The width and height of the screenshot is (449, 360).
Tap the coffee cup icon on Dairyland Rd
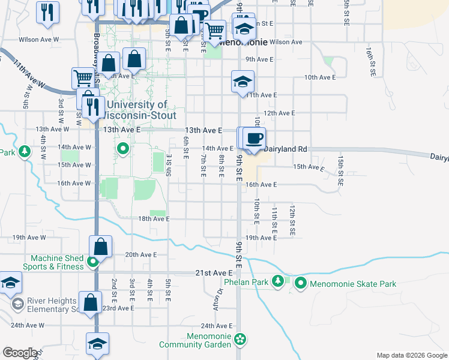pyautogui.click(x=254, y=139)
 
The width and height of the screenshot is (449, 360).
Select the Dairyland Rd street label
pyautogui.click(x=286, y=149)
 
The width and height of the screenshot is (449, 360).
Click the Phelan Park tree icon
pyautogui.click(x=277, y=281)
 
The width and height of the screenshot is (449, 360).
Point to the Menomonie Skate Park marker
pyautogui.click(x=300, y=283)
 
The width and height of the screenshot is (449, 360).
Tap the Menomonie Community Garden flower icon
pyautogui.click(x=240, y=340)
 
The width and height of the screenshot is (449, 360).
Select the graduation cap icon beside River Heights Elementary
pyautogui.click(x=10, y=283)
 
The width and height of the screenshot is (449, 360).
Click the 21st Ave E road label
pyautogui.click(x=214, y=273)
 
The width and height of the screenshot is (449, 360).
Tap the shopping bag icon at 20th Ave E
pyautogui.click(x=100, y=246)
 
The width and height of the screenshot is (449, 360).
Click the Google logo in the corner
pyautogui.click(x=20, y=353)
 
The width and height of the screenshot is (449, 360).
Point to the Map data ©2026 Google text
pyautogui.click(x=411, y=355)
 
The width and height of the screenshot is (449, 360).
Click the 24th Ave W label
pyautogui.click(x=27, y=326)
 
